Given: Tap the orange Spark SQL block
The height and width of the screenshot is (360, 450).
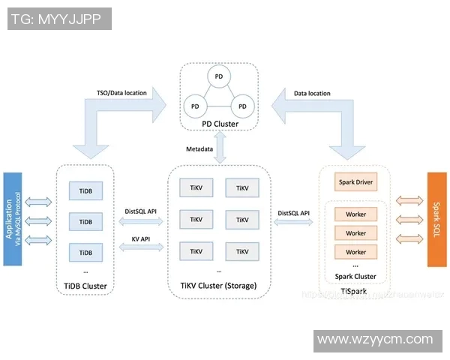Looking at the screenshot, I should (x=436, y=218).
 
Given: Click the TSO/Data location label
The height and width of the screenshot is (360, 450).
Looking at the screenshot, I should (x=121, y=93).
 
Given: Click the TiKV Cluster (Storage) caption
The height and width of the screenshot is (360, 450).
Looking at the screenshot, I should (x=219, y=286).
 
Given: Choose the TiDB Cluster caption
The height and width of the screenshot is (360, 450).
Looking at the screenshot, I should (x=85, y=286).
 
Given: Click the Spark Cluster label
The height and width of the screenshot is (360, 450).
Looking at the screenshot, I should (x=355, y=277).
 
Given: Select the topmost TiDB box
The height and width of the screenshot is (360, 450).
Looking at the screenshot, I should (x=85, y=191).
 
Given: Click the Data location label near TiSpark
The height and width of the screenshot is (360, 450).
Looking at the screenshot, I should (x=312, y=93).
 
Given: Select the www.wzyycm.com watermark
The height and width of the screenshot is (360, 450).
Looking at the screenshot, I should (x=376, y=340).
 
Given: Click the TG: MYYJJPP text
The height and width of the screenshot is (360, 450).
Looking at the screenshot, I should (x=58, y=19).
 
